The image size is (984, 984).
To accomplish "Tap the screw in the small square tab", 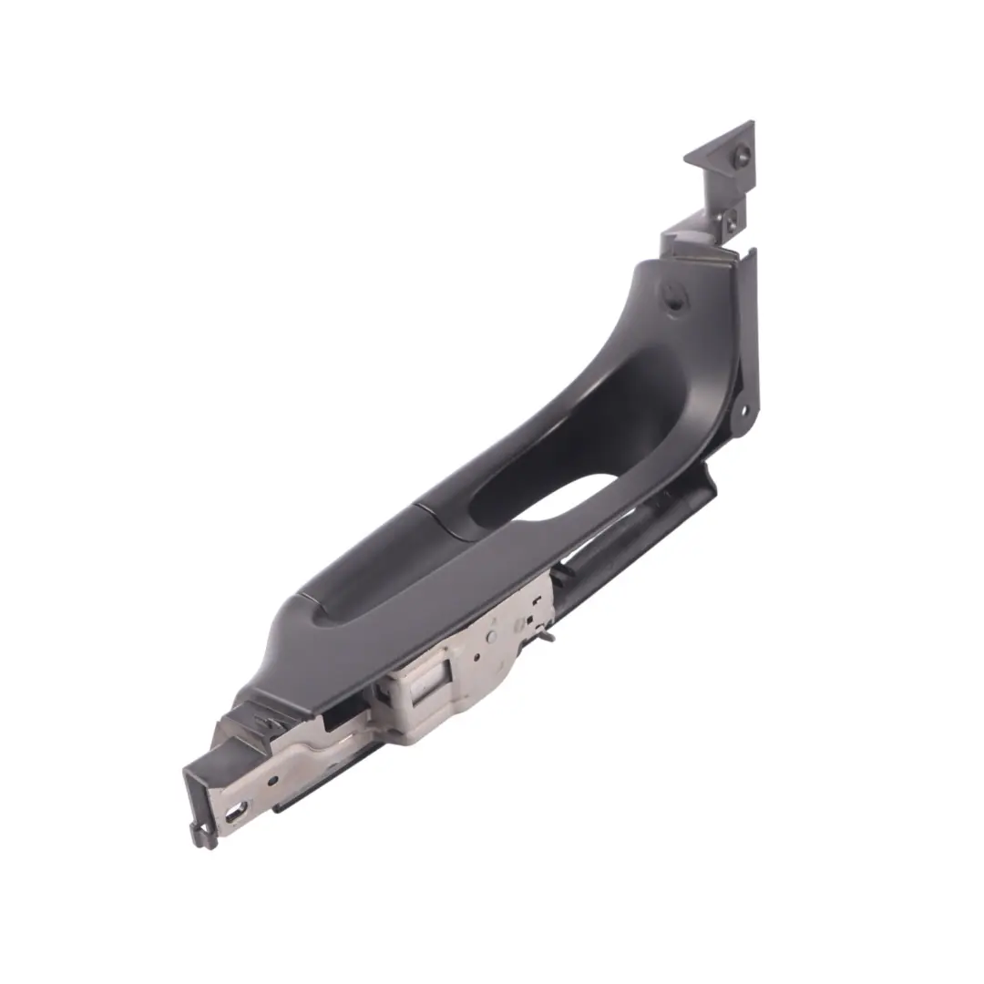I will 731,220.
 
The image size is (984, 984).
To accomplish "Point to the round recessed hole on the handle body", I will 674,298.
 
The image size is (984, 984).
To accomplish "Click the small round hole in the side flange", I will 743,411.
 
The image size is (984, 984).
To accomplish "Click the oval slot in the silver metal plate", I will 240,808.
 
